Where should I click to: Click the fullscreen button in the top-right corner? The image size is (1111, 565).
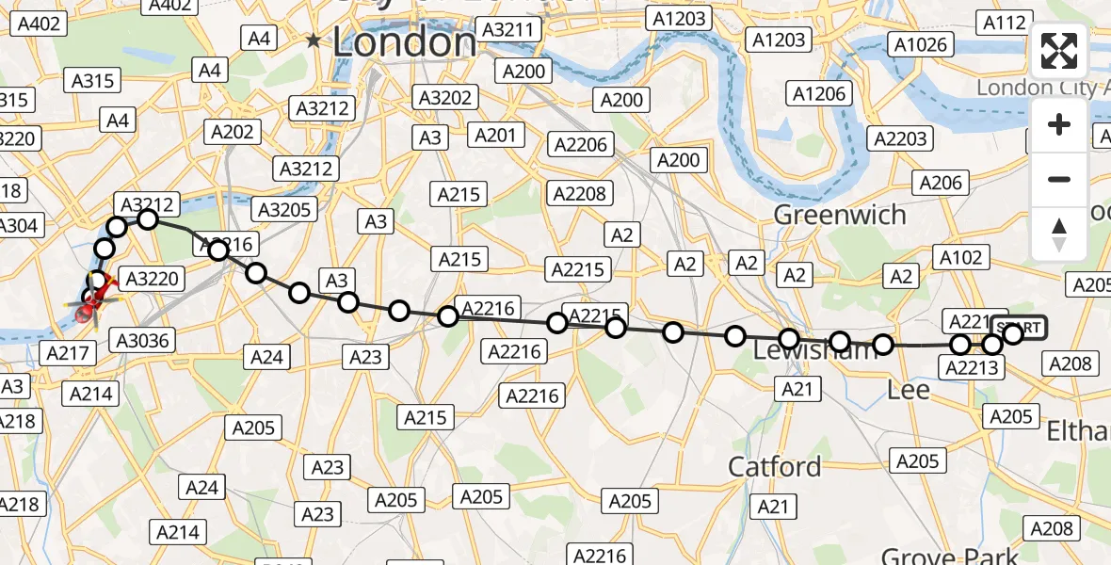(1059, 51)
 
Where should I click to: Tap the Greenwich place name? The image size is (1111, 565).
(840, 215)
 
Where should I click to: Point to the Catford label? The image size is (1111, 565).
(775, 466)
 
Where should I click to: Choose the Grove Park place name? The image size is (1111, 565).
(949, 556)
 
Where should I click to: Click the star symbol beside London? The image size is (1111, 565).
(314, 41)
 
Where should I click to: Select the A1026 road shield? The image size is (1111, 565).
(921, 44)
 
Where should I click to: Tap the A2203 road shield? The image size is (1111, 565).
(901, 138)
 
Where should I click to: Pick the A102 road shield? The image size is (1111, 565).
(960, 257)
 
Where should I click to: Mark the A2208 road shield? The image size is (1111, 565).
(581, 194)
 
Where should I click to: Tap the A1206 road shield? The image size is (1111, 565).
(821, 92)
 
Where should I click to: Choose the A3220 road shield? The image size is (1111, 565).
(153, 278)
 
